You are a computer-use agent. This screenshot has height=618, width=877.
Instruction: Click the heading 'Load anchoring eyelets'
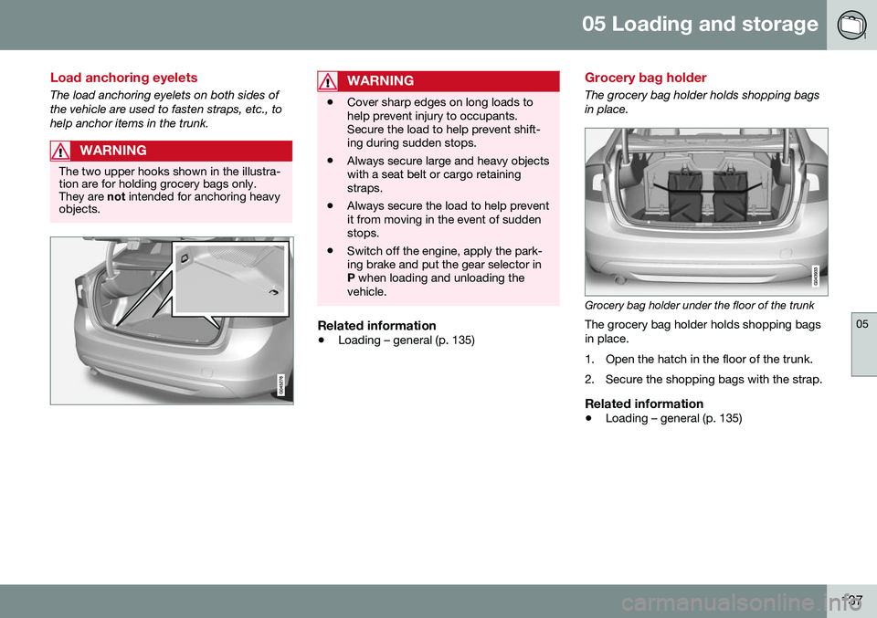coord(122,79)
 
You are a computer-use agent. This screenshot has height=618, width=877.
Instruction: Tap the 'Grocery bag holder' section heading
coord(645,79)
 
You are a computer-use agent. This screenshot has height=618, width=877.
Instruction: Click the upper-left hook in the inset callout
coord(184,259)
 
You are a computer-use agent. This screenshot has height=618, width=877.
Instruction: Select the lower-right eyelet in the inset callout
coord(273,291)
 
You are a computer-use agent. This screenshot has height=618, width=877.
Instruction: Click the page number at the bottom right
coord(855,599)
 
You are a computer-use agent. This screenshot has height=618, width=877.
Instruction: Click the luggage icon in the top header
coord(851,25)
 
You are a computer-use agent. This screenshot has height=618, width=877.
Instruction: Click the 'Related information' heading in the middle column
coord(375,325)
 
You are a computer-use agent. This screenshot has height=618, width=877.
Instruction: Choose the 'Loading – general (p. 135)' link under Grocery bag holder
coord(673,418)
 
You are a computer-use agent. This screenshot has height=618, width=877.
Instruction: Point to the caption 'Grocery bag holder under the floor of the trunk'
coord(699,306)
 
